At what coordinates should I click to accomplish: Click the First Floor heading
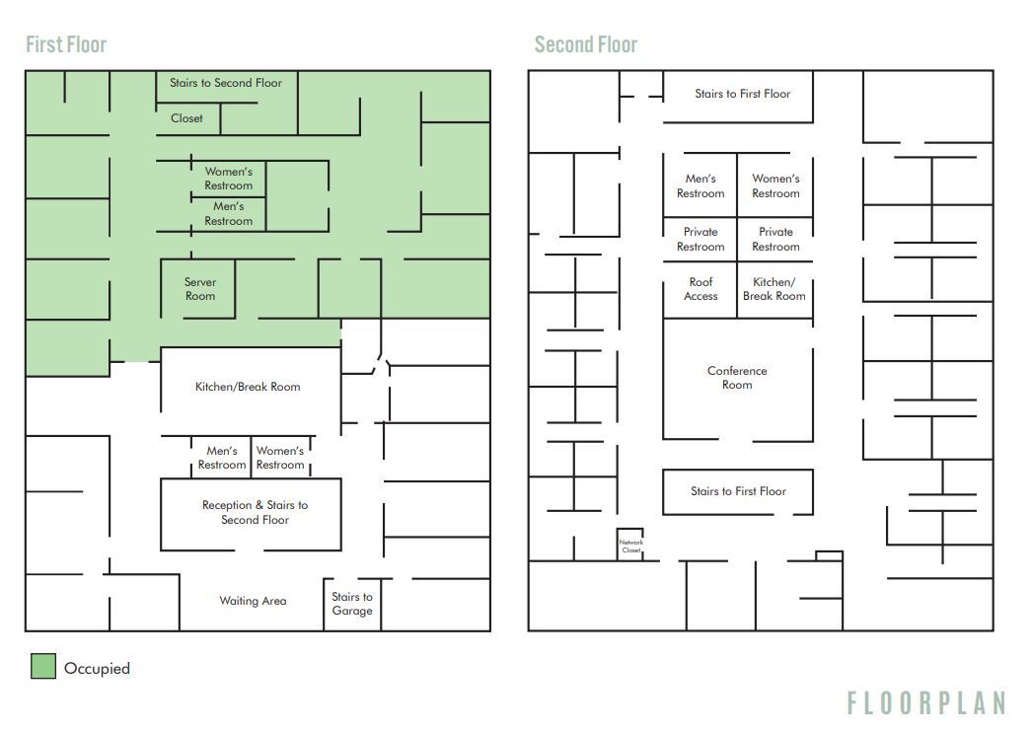coord(66,44)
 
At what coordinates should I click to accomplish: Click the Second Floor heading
coord(585,44)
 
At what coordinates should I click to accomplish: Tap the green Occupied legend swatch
coord(42,667)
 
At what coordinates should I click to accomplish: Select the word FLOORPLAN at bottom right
coord(925,702)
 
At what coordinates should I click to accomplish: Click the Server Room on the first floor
coord(199,289)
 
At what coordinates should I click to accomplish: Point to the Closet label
coord(186,118)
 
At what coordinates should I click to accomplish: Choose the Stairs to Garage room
coord(352,604)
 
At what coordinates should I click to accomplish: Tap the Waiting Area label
coord(253,601)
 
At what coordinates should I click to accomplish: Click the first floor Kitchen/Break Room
coord(248,387)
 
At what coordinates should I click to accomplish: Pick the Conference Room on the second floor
coord(737,378)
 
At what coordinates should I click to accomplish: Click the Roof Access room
coord(700,289)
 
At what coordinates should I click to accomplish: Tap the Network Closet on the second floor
coord(630,546)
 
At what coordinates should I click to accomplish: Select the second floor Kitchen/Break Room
coord(774,289)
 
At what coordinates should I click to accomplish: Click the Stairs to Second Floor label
coord(226,84)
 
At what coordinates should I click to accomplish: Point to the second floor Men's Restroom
coord(700,185)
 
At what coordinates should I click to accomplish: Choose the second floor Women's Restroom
coord(775,185)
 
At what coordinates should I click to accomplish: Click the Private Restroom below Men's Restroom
coord(700,240)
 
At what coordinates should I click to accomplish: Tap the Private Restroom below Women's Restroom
coord(775,240)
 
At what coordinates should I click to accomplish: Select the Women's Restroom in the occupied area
coord(229,179)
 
